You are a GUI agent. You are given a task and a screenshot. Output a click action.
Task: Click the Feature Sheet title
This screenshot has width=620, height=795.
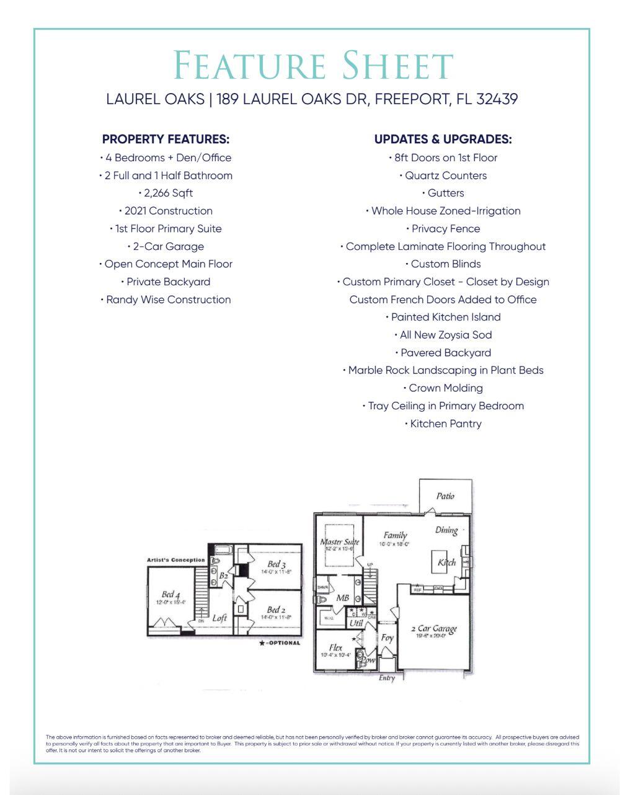click(x=312, y=65)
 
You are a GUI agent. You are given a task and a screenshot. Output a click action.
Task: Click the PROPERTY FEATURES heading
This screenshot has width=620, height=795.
click(x=166, y=140)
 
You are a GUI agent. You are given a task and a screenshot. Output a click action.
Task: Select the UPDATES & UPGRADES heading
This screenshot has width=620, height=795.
click(x=443, y=140)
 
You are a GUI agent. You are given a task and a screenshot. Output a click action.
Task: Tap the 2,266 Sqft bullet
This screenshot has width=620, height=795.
click(x=166, y=193)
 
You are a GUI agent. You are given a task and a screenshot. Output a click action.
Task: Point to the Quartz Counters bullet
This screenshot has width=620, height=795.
click(x=443, y=175)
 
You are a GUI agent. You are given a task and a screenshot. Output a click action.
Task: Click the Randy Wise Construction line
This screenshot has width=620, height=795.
click(x=166, y=300)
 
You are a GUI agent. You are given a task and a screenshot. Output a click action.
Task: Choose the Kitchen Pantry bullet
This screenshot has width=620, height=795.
click(x=443, y=424)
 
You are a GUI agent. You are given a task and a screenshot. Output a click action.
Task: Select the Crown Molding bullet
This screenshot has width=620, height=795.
click(x=443, y=388)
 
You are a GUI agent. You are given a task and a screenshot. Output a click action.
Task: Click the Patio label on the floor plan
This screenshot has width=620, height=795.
click(x=445, y=496)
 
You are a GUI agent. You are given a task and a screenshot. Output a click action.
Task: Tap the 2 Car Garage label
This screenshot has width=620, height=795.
click(x=434, y=629)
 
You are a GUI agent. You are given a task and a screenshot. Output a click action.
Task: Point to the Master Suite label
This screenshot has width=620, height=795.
click(x=339, y=542)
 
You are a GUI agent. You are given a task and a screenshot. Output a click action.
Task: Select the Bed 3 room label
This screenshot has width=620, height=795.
click(x=277, y=564)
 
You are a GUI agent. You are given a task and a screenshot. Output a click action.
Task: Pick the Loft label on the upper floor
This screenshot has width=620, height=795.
click(x=219, y=618)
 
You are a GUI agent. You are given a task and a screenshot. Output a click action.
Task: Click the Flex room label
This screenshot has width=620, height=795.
click(x=335, y=647)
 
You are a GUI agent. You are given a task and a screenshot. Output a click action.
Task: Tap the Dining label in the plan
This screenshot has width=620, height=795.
click(x=446, y=530)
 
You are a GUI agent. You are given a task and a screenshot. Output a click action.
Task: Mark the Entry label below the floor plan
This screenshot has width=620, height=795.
click(x=387, y=678)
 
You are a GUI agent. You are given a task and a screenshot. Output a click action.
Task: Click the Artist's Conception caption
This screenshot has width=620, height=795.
click(x=175, y=560)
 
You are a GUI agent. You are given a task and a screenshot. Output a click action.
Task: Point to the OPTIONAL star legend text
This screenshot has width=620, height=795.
click(x=280, y=643)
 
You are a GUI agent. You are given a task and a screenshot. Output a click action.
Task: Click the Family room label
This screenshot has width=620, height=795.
click(x=395, y=535)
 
